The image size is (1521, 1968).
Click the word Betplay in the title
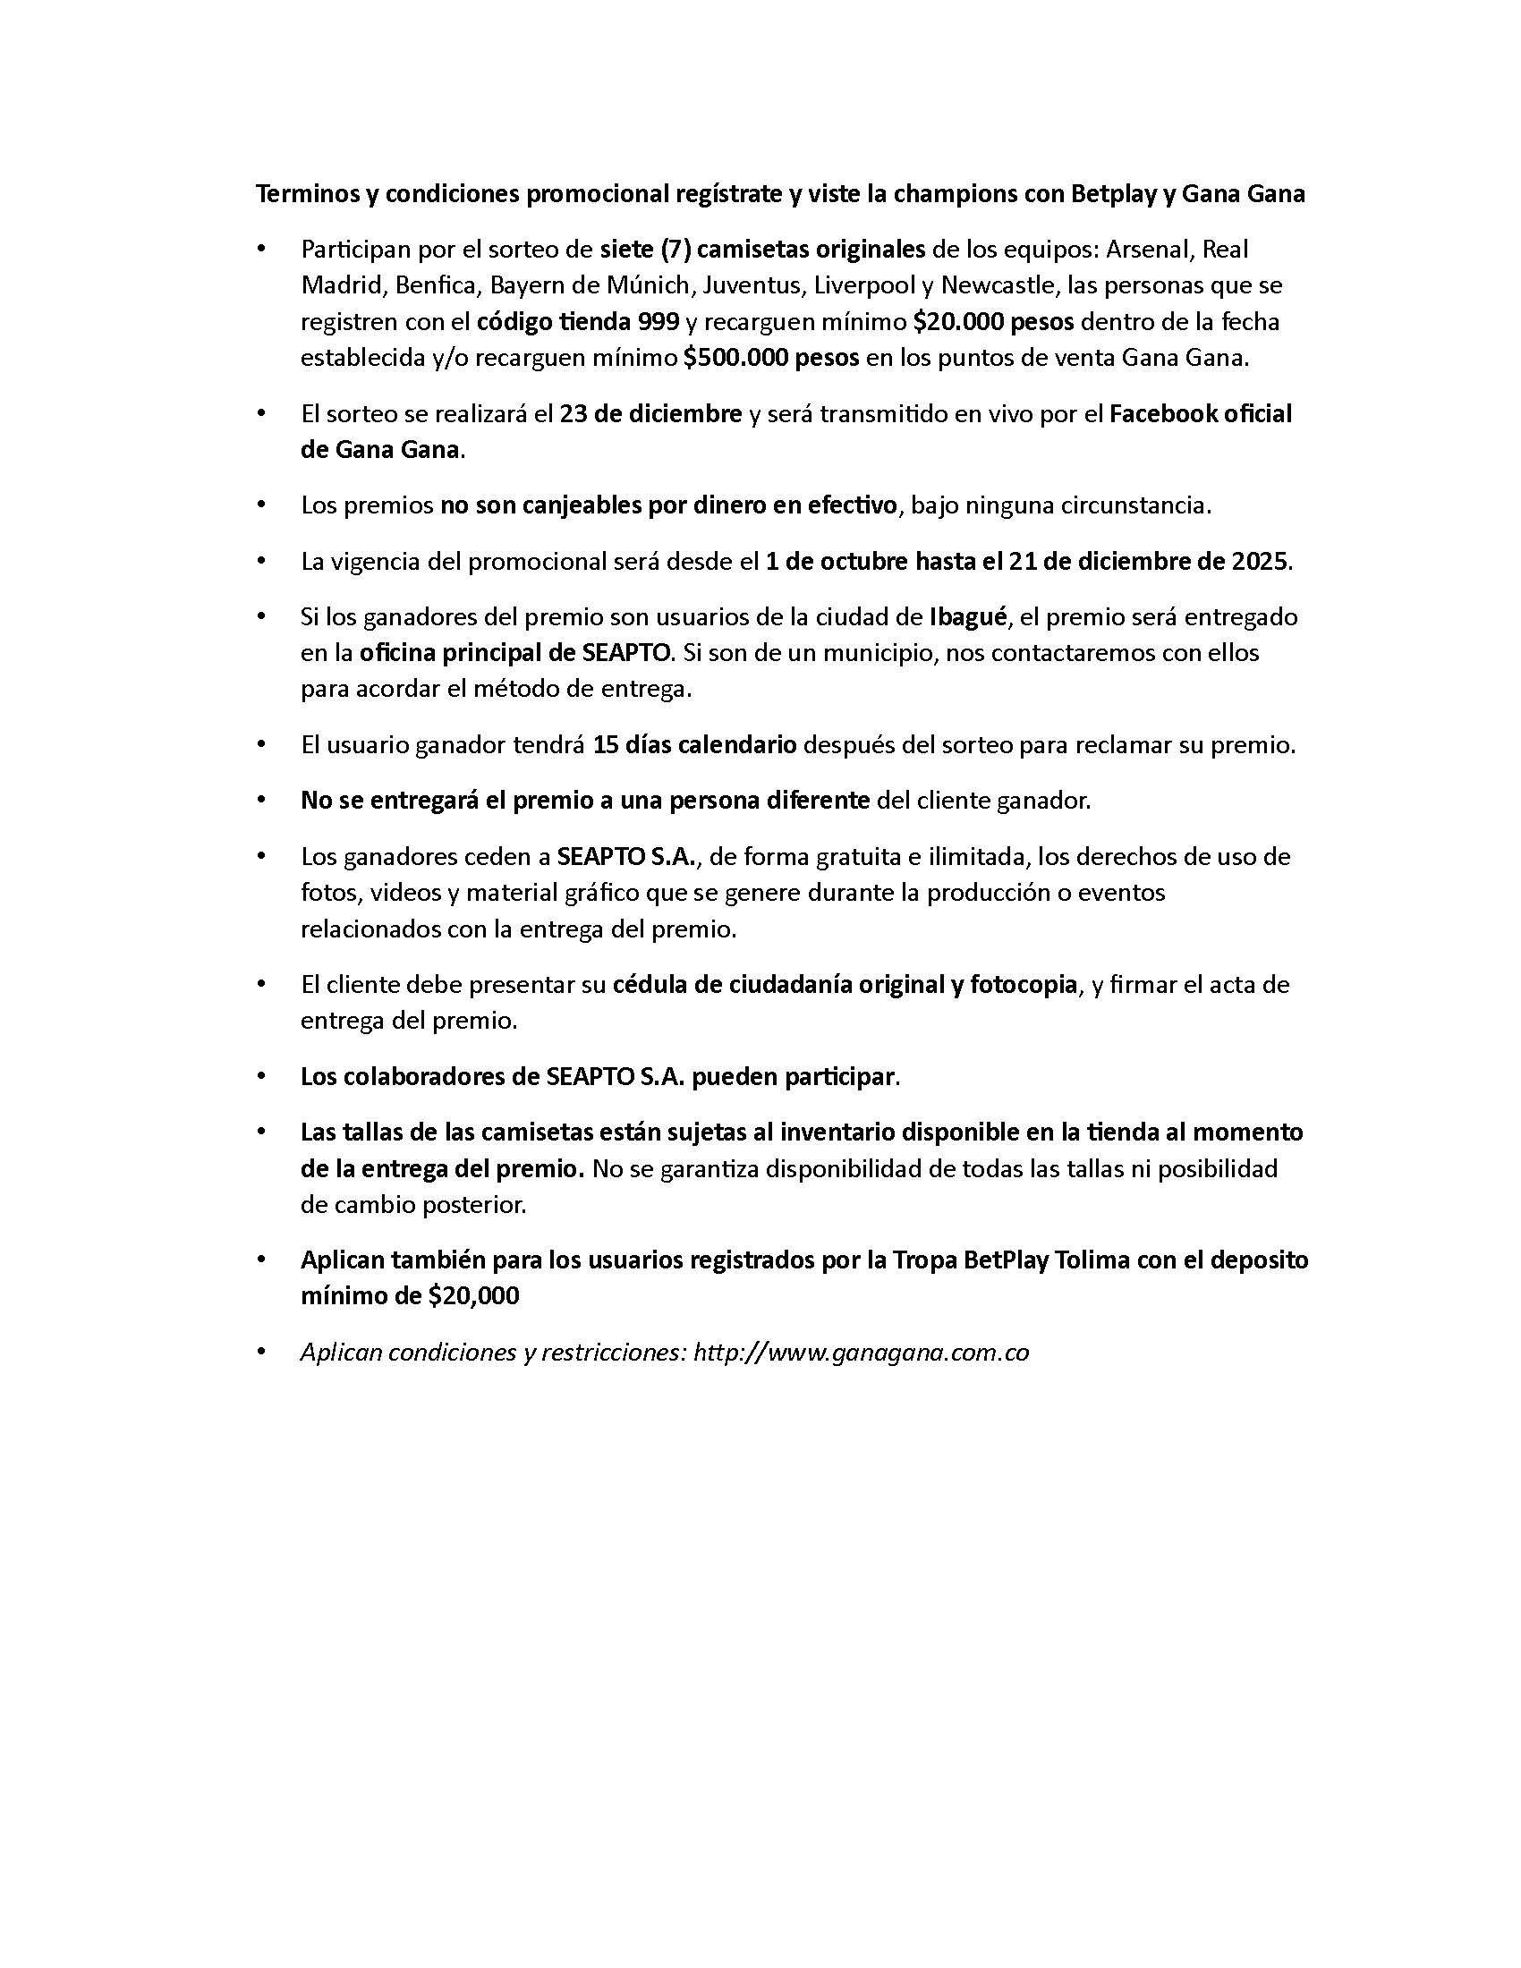coord(1112,195)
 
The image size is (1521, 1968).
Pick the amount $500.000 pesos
coord(771,359)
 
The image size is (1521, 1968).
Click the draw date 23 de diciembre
coord(650,414)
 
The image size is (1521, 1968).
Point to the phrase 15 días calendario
coord(694,745)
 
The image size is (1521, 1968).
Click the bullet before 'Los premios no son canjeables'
coord(262,505)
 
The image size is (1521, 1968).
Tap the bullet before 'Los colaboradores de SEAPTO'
coord(262,1077)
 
